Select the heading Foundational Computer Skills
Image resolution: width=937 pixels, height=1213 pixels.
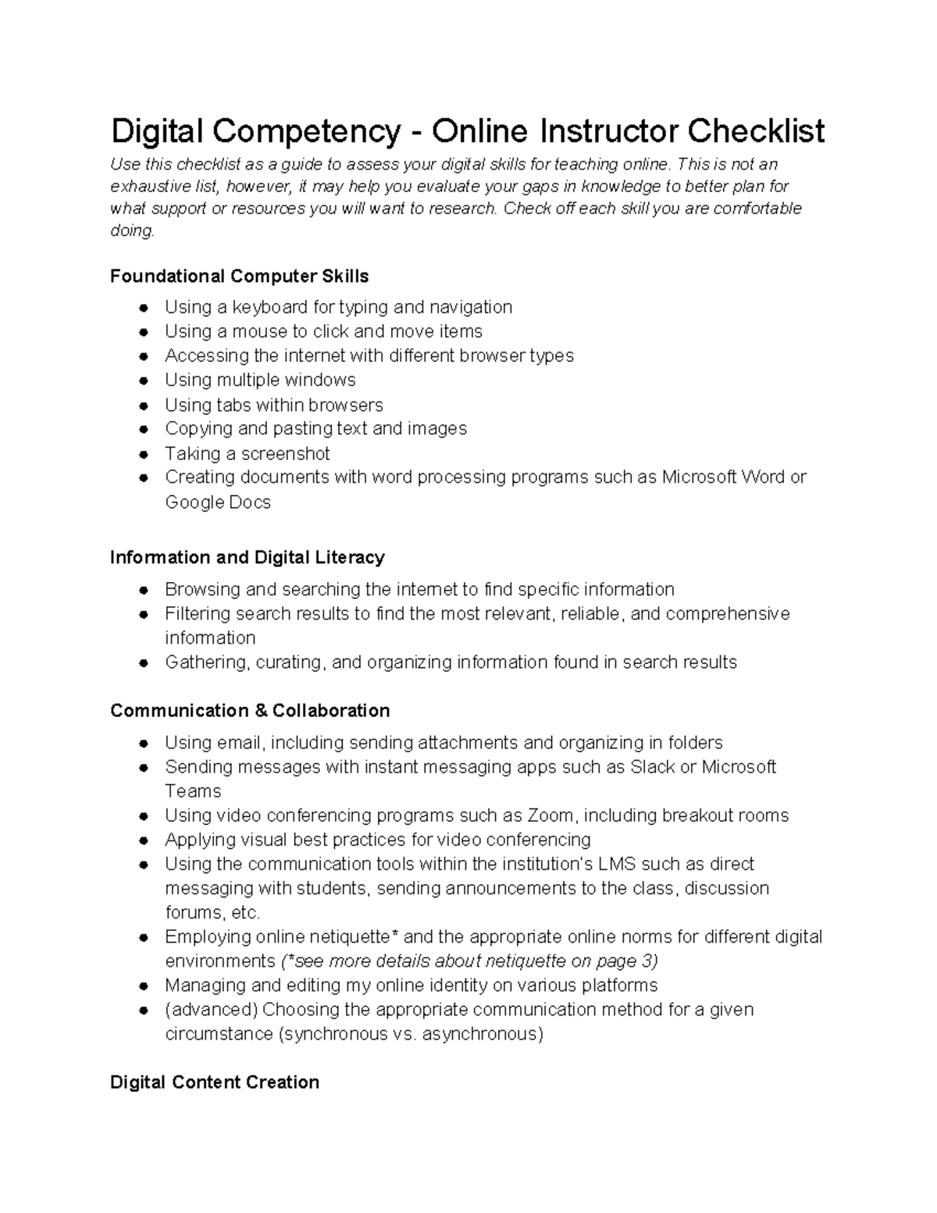point(239,276)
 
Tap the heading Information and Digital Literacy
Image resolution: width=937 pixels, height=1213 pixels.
point(247,558)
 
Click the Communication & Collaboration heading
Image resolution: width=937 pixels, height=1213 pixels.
point(250,711)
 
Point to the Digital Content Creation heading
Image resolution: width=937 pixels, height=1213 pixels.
point(215,1083)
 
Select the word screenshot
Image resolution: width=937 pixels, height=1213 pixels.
point(285,454)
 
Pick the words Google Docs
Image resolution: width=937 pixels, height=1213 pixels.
point(218,502)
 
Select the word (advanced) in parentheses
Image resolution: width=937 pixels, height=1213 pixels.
point(211,1010)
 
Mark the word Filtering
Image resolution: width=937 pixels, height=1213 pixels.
point(198,614)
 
